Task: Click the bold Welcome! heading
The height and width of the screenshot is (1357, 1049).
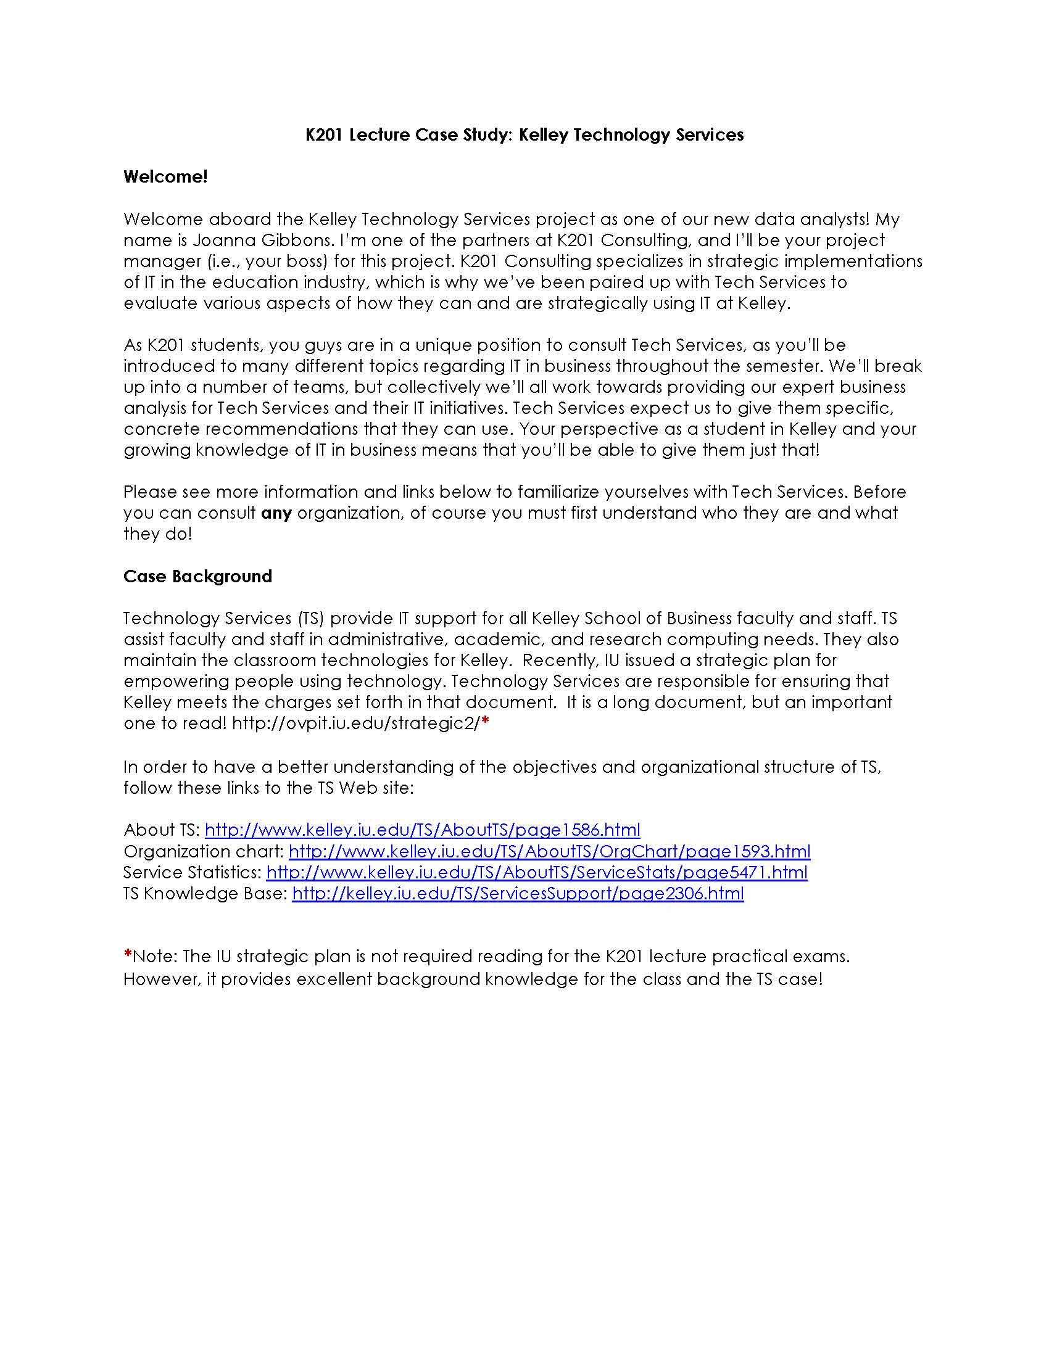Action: [165, 177]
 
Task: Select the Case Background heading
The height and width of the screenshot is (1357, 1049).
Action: [197, 577]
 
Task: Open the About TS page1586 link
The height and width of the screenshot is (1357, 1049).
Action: [422, 830]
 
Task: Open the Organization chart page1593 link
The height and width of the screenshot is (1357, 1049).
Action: [549, 851]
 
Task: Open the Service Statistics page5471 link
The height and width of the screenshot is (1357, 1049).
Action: [537, 872]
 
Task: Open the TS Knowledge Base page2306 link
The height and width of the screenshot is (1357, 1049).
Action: [518, 894]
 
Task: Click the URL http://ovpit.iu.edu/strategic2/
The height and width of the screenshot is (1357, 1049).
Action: [356, 724]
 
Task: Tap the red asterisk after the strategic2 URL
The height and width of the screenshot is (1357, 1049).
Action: [486, 722]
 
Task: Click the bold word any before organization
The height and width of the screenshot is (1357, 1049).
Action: [276, 513]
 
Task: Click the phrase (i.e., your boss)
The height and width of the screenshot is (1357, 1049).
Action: [267, 262]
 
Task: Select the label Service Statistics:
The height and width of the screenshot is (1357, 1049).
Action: [192, 872]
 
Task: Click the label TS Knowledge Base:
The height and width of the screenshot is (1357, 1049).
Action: [205, 894]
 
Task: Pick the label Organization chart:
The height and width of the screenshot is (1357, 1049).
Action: [203, 851]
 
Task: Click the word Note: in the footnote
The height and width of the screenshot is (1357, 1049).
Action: [155, 956]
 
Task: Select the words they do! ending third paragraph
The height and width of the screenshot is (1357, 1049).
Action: [158, 534]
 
